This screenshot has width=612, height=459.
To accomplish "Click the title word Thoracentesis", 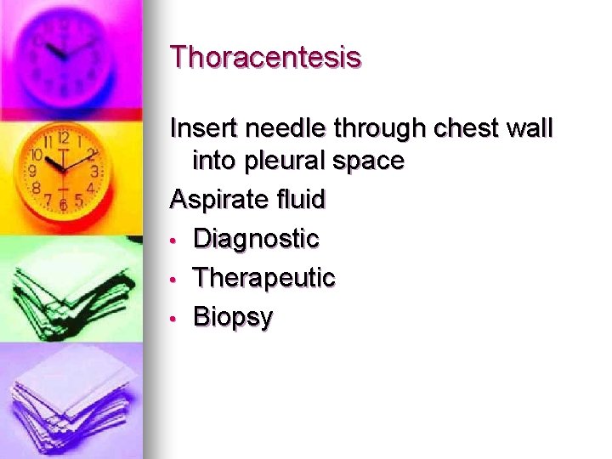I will [x=266, y=58].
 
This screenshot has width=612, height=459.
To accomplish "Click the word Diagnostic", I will [x=256, y=239].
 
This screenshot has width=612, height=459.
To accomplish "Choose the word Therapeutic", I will [x=264, y=278].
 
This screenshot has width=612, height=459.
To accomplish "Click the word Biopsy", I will [x=234, y=318].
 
